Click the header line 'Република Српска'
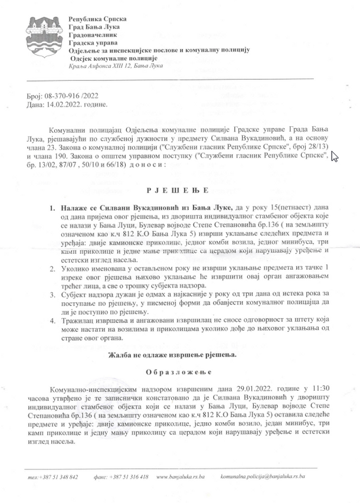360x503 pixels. coord(97,20)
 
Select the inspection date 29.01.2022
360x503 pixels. coord(246,390)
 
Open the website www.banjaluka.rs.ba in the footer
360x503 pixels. coord(181,476)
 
